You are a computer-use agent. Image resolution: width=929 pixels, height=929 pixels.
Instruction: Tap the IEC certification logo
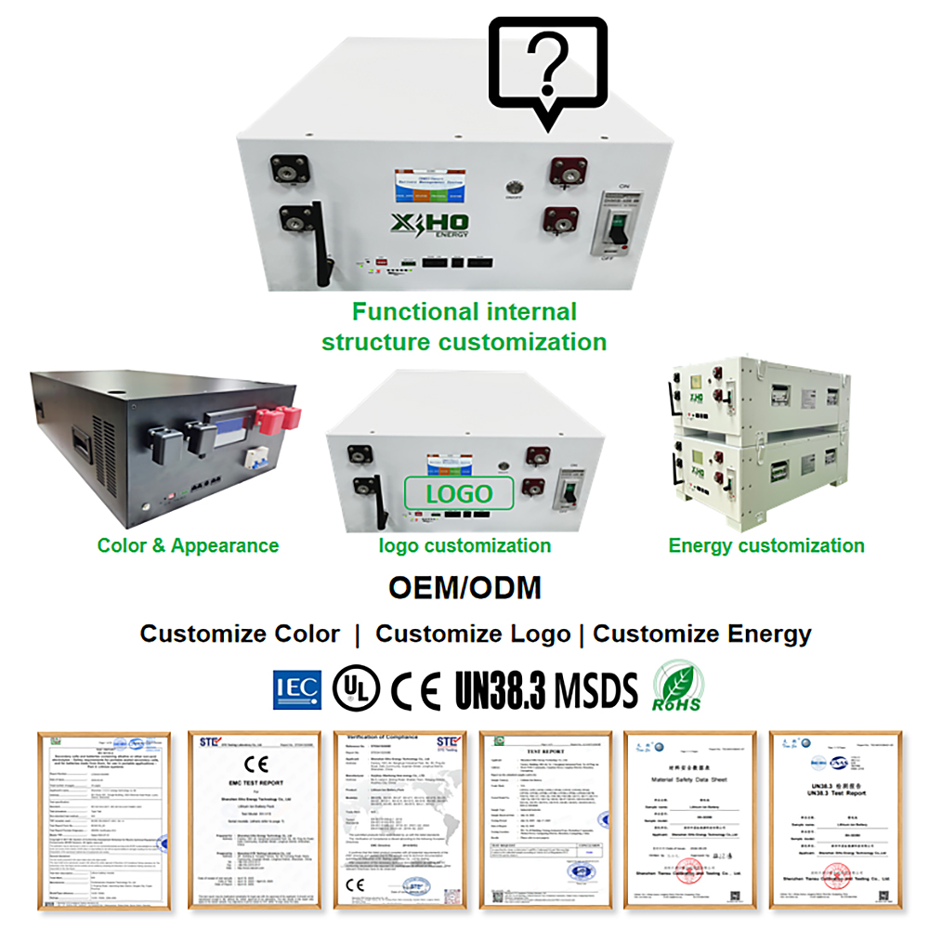(296, 688)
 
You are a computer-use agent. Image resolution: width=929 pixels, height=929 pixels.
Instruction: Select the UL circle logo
(359, 688)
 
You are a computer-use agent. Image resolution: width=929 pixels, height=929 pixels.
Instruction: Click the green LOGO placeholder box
(459, 493)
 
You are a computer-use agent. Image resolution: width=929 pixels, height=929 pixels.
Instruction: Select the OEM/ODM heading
(464, 588)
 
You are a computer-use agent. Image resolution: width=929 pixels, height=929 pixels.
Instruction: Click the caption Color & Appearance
(188, 545)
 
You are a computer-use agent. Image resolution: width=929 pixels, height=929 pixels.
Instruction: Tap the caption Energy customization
(766, 545)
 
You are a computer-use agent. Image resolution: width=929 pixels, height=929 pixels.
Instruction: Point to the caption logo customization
(464, 545)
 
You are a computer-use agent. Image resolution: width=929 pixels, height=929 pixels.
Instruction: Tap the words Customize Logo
(473, 635)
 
